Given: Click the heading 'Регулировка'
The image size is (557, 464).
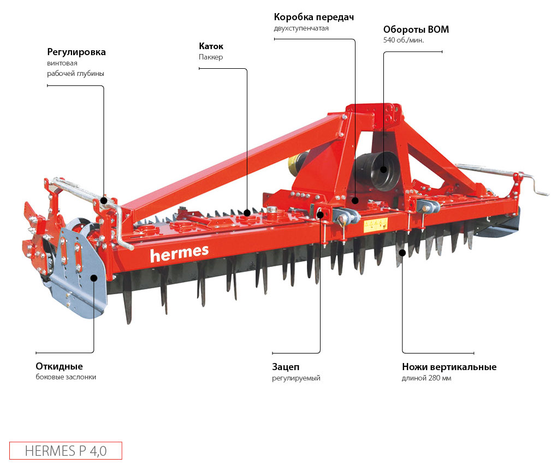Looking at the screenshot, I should pos(76,52).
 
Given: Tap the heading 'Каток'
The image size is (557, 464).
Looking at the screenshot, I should pos(211,46).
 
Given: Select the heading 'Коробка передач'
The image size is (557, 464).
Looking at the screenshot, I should pos(313,17).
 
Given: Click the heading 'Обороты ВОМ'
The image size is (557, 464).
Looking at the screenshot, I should pos(416,29).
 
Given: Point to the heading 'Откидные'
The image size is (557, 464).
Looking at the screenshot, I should pos(59,366).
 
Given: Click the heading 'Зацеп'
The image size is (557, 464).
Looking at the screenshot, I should pos(286,367).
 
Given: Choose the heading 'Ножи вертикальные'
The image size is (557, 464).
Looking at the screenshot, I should pos(449,367).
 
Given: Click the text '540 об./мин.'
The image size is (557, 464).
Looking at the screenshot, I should pos(404,40).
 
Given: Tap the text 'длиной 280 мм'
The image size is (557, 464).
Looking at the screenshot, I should pos(426,378).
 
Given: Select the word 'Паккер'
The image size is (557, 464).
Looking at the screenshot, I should pos(210,57).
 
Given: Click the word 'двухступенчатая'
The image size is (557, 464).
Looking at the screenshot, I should pos(301,28).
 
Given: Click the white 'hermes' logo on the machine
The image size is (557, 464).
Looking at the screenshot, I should pos(179,252).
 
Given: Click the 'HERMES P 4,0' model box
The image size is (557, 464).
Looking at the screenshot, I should pos(66,451).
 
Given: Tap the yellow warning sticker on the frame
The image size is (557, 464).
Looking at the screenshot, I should pos(375,224).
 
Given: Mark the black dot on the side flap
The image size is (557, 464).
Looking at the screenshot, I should pos(93,278).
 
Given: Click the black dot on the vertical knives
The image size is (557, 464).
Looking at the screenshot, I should pos(402,252).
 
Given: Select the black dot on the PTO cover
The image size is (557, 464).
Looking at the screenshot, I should pos(383,169).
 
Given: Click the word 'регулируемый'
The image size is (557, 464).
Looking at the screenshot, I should pos(296,378).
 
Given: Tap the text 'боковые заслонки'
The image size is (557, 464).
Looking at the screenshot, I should pos(66,377).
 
